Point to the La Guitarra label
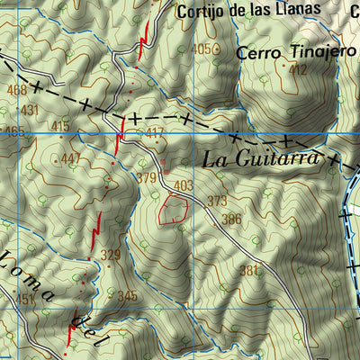[261, 159]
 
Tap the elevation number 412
[299, 69]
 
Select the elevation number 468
[15, 91]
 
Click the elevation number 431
[30, 110]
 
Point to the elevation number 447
[71, 159]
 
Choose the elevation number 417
[156, 134]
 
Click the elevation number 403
[184, 185]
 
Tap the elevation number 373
[217, 201]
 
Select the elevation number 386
[231, 219]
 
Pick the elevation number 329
[110, 255]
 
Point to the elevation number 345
[127, 295]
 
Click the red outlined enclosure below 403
[174, 211]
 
